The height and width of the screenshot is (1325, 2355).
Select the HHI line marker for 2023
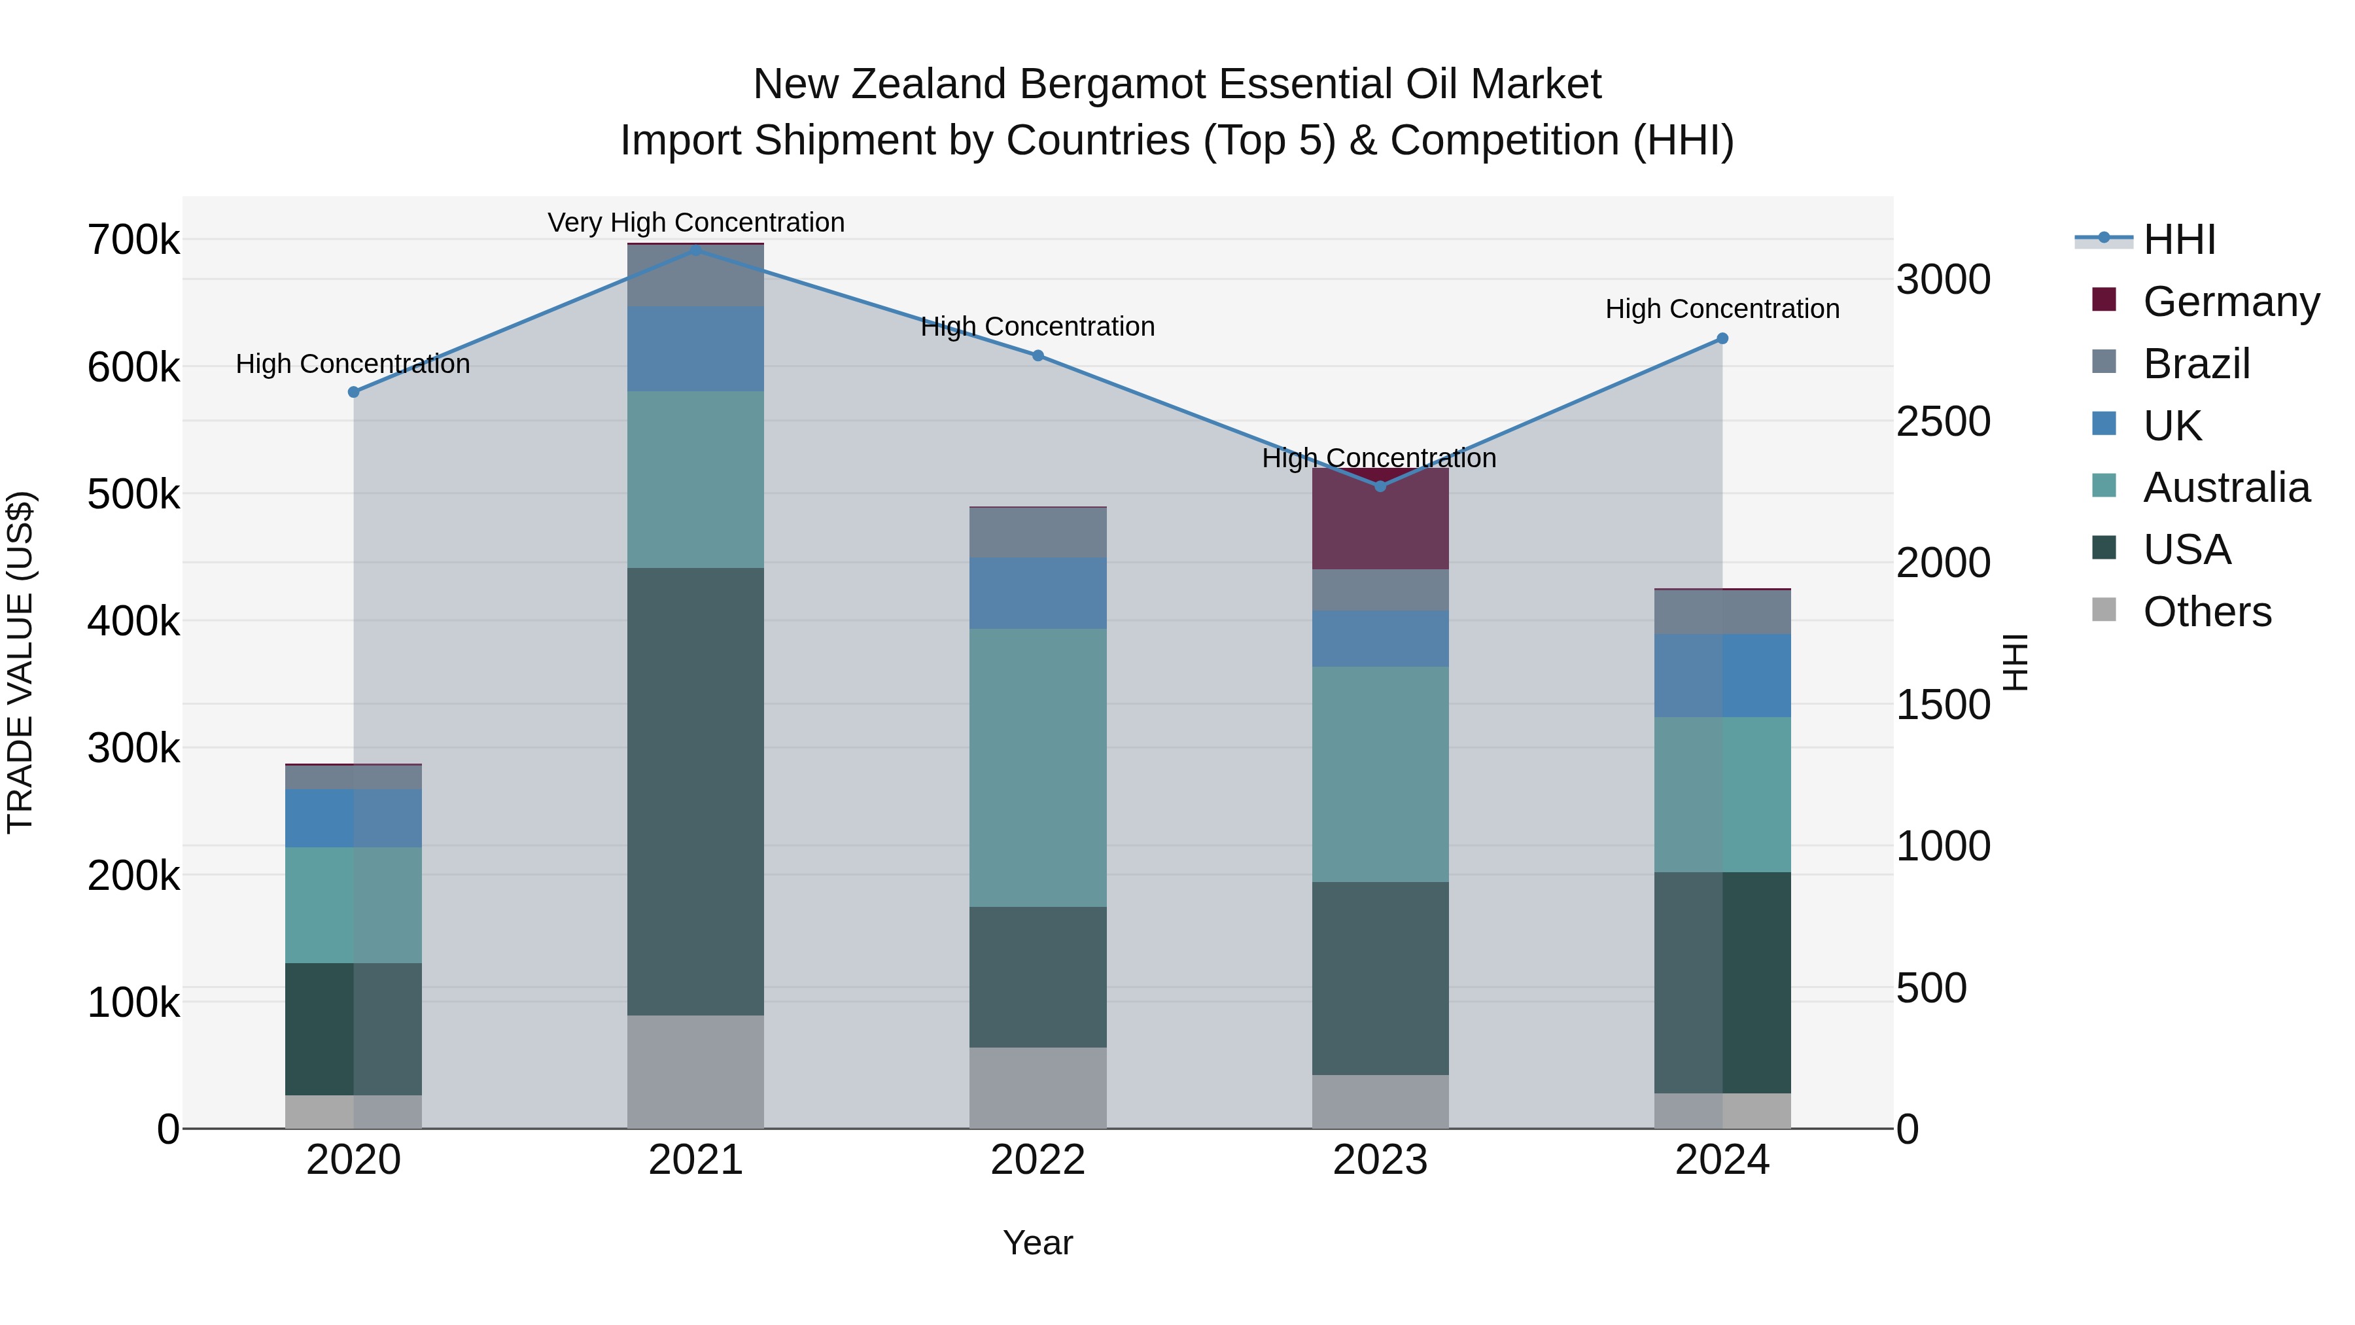click(x=1380, y=486)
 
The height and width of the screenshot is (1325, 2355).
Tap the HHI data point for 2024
click(x=1722, y=338)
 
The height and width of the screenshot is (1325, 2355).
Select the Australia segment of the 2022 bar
click(x=1038, y=768)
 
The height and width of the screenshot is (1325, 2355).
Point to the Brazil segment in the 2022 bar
click(x=1038, y=532)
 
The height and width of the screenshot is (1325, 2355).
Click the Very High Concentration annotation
click(x=696, y=222)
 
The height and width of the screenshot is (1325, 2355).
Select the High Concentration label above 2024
click(x=1722, y=309)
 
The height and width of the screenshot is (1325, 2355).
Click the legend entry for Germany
click(x=2231, y=301)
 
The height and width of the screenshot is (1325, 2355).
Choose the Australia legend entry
click(x=2225, y=487)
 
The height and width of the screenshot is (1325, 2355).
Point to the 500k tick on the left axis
click(x=133, y=495)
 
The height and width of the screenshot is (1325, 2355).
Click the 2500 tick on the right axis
click(x=1943, y=421)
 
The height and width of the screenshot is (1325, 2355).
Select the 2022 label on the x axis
click(x=1038, y=1159)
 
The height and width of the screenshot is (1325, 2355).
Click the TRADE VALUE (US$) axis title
click(x=21, y=662)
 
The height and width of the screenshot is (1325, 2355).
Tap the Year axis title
click(x=1038, y=1243)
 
